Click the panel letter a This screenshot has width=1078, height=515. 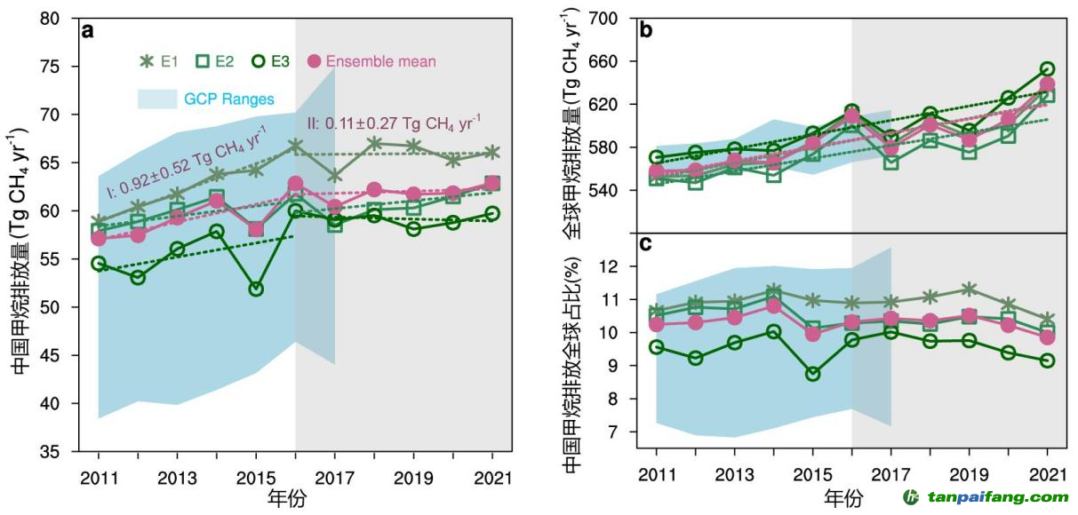(88, 31)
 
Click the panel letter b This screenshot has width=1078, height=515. (647, 30)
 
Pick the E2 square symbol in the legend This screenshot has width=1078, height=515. (202, 61)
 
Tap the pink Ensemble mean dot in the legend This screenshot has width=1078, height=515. (313, 61)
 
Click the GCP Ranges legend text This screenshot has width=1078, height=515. (228, 99)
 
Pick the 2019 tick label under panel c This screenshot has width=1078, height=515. (970, 474)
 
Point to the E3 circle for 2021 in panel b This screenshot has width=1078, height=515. (1048, 68)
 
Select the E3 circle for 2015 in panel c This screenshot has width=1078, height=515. (813, 374)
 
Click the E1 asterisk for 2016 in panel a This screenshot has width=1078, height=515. (296, 146)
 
